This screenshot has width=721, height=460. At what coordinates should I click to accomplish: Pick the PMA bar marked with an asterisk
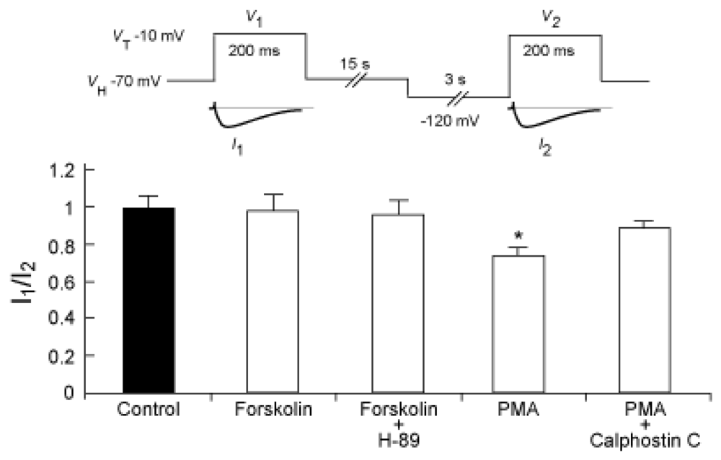(523, 324)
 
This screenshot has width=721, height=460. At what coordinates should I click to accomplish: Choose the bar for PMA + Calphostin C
(646, 310)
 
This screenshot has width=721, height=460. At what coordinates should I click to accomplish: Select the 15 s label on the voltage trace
(355, 65)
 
